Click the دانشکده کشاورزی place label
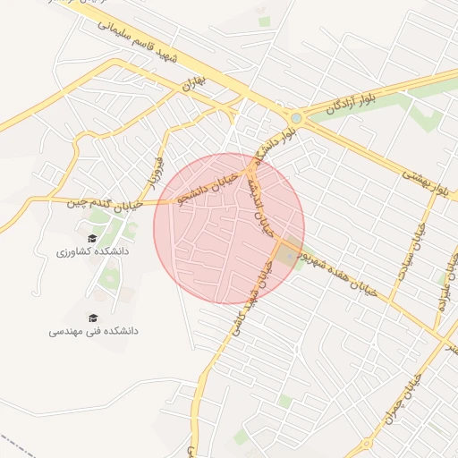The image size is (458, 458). pyautogui.click(x=93, y=253)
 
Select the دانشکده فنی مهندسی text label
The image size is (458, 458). pyautogui.click(x=94, y=332)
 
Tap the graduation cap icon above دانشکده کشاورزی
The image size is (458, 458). pyautogui.click(x=93, y=238)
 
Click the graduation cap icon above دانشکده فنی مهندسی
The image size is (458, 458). pyautogui.click(x=93, y=318)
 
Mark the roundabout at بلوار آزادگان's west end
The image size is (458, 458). pyautogui.click(x=296, y=117)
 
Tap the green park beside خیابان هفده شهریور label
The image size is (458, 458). pyautogui.click(x=287, y=256)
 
